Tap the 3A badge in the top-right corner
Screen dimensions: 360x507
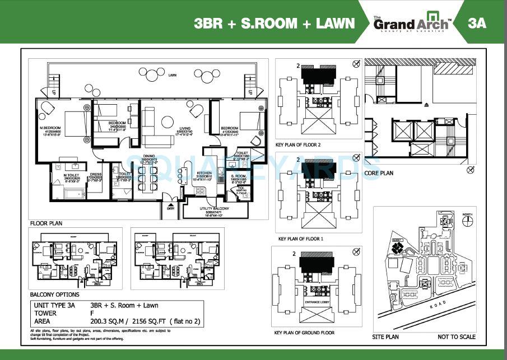(478, 23)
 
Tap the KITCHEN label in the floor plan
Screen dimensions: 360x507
(204, 172)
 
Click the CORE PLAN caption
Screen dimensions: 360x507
(380, 174)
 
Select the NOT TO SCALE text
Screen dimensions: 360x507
(457, 336)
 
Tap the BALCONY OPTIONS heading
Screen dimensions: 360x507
(54, 294)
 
